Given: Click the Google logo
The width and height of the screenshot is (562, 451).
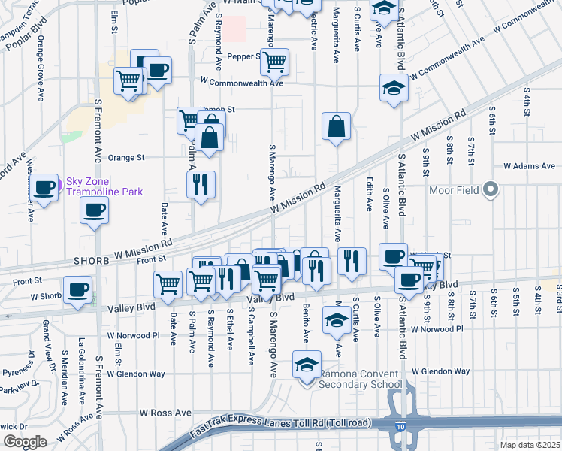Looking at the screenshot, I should [25, 442].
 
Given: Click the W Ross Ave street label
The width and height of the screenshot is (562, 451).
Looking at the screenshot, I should [166, 413].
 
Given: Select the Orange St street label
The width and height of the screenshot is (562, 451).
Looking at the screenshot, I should [126, 158].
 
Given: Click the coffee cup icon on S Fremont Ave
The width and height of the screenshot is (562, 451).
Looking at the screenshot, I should [95, 210].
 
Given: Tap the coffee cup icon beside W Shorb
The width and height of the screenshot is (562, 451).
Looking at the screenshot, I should [78, 290].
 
